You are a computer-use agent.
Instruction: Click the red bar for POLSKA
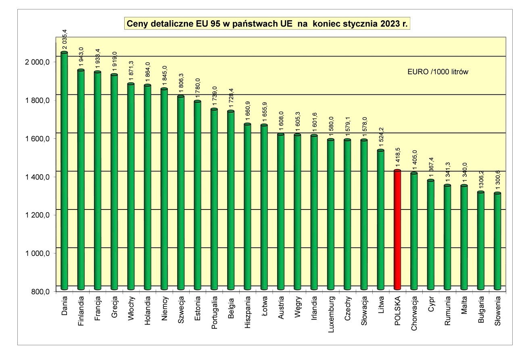(397, 230)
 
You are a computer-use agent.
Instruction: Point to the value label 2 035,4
(64, 40)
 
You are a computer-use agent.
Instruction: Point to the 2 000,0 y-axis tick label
(38, 62)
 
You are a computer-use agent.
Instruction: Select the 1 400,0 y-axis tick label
(38, 177)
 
